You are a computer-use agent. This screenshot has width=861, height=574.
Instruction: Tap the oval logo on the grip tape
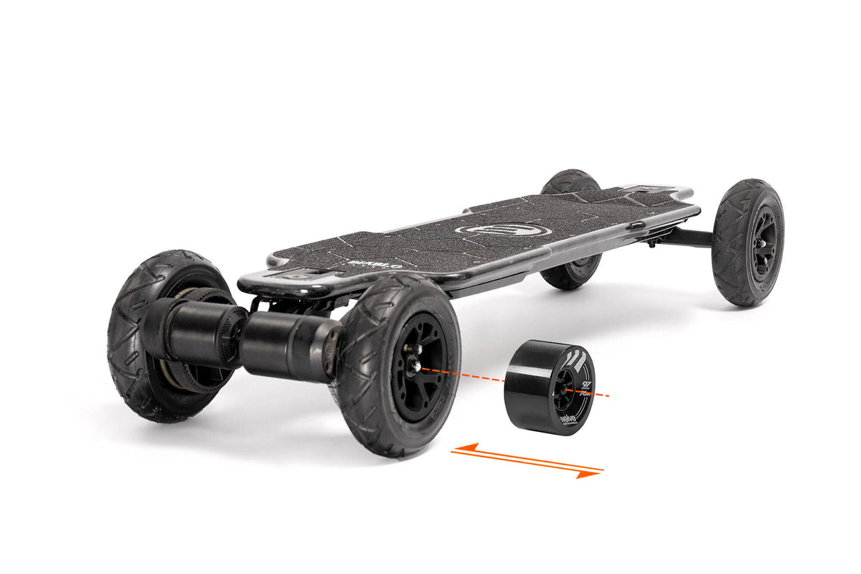click(x=504, y=230)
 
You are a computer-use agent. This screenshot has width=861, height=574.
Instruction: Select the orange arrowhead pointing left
click(x=459, y=449)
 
